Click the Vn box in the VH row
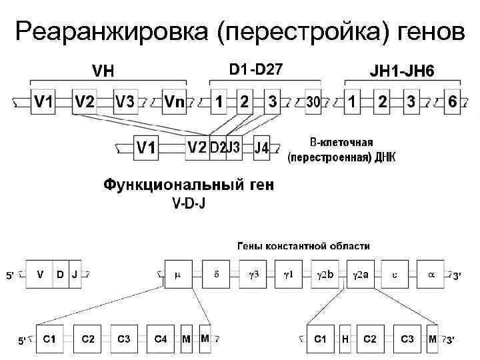pyautogui.click(x=175, y=102)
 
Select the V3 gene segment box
pyautogui.click(x=125, y=102)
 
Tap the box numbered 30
pyautogui.click(x=314, y=102)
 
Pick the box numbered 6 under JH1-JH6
pyautogui.click(x=453, y=102)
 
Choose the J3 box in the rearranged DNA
pyautogui.click(x=233, y=147)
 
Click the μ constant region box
pyautogui.click(x=177, y=274)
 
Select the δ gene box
pyautogui.click(x=215, y=274)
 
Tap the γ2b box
pyautogui.click(x=325, y=274)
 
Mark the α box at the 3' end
pyautogui.click(x=430, y=274)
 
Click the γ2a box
pyautogui.click(x=361, y=274)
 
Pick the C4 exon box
pyautogui.click(x=160, y=339)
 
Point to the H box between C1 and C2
pyautogui.click(x=345, y=339)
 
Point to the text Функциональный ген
pyautogui.click(x=189, y=185)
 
